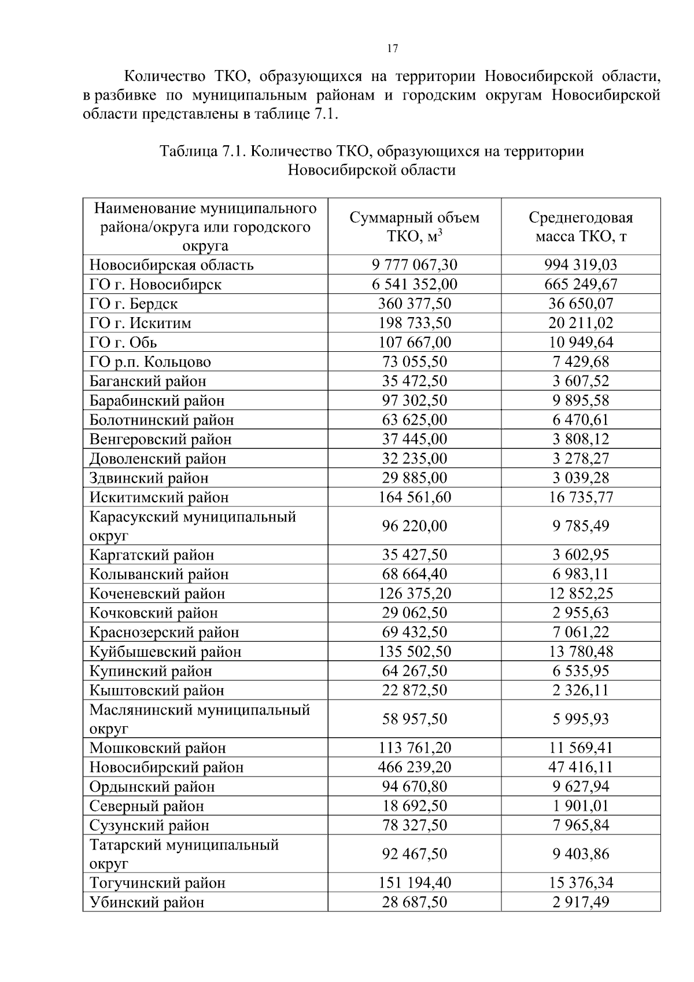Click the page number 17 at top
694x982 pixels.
click(392, 49)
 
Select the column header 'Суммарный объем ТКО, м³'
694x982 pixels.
click(414, 227)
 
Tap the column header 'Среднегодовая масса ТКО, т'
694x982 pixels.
click(581, 227)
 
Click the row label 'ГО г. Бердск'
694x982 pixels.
click(133, 304)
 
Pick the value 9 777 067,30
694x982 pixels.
click(414, 265)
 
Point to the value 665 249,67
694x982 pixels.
click(581, 284)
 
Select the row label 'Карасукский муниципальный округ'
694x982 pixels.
click(192, 526)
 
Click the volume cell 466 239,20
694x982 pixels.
click(414, 767)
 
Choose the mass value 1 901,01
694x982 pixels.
click(581, 806)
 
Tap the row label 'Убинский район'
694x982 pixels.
click(146, 903)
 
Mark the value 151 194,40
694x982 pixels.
click(414, 883)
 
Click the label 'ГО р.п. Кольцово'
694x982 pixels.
click(150, 362)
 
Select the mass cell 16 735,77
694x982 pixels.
click(581, 497)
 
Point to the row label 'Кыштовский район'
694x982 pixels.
click(157, 690)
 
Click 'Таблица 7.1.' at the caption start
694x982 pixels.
click(204, 152)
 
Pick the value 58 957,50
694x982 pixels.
click(414, 719)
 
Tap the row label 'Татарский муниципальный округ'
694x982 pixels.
click(184, 854)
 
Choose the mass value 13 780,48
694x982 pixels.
click(581, 652)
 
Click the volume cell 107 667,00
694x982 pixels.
click(414, 343)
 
